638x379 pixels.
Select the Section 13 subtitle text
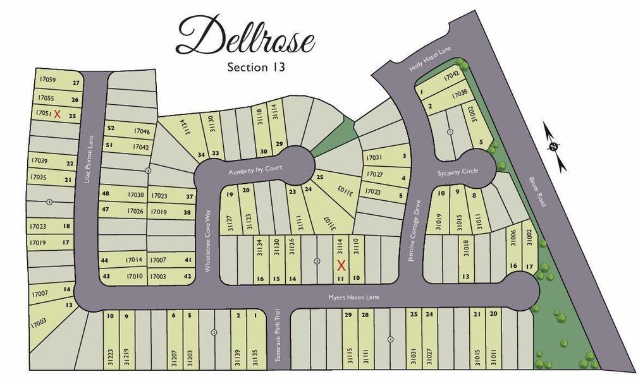pyautogui.click(x=255, y=67)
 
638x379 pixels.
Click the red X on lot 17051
pyautogui.click(x=57, y=114)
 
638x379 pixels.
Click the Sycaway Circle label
pyautogui.click(x=458, y=171)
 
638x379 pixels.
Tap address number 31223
pyautogui.click(x=111, y=357)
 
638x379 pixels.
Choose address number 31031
pyautogui.click(x=414, y=357)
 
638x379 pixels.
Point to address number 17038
pyautogui.click(x=460, y=94)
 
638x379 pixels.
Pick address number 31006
pyautogui.click(x=513, y=237)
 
